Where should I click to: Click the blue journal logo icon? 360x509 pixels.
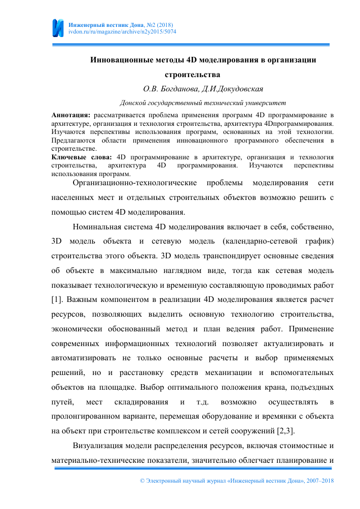58,28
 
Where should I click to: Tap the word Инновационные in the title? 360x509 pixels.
118,60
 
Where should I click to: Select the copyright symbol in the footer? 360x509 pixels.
141,481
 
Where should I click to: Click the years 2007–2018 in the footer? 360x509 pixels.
317,481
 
